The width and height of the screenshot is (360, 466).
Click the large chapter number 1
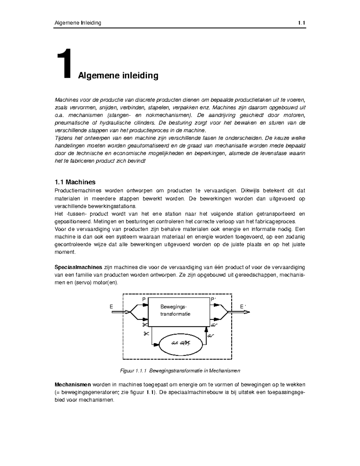pos(64,64)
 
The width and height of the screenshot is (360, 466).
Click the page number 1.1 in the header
pos(301,23)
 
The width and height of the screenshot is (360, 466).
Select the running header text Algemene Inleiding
pos(78,23)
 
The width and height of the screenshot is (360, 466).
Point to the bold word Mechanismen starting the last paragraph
pos(73,384)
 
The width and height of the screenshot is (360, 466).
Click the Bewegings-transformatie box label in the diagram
pos(175,310)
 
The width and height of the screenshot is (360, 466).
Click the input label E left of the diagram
pos(111,307)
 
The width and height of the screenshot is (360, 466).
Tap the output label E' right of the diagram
pos(243,306)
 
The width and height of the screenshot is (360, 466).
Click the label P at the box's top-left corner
pos(144,299)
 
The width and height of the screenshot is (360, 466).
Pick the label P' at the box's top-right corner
pos(213,299)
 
